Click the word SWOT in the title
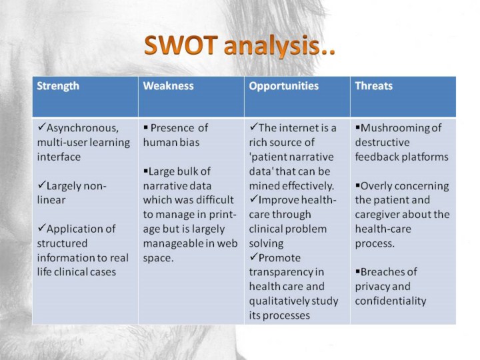[x=181, y=45]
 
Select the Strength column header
[x=58, y=86]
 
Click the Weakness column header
[x=169, y=86]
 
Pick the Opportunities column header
[x=284, y=86]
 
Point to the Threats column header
[x=374, y=86]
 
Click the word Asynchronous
[x=83, y=128]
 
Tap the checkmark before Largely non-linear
[x=41, y=185]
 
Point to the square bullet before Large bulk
[x=145, y=170]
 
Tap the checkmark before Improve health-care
[x=253, y=199]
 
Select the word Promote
[x=279, y=258]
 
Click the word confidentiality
[x=391, y=301]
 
